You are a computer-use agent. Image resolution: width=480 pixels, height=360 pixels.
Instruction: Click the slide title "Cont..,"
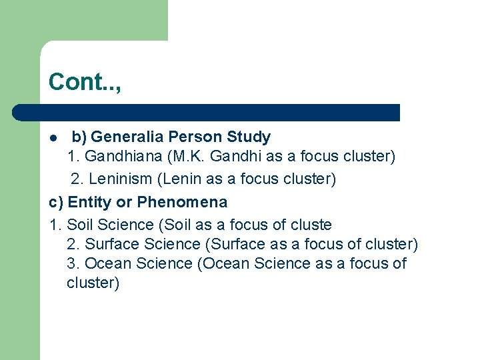click(85, 82)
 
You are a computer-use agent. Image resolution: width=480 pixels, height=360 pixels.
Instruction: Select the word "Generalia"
click(127, 137)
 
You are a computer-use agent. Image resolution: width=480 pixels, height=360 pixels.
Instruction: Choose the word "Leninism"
click(119, 179)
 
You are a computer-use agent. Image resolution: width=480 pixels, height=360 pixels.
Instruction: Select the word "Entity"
click(91, 202)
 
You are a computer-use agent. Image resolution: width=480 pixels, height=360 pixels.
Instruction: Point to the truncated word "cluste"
click(309, 225)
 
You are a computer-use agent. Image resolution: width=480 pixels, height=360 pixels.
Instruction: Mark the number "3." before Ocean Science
click(74, 263)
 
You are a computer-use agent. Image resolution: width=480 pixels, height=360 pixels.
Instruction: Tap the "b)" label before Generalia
click(79, 137)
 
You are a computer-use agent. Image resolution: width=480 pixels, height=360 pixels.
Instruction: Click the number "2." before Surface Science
click(74, 244)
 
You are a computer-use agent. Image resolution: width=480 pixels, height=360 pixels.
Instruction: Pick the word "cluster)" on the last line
click(93, 283)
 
